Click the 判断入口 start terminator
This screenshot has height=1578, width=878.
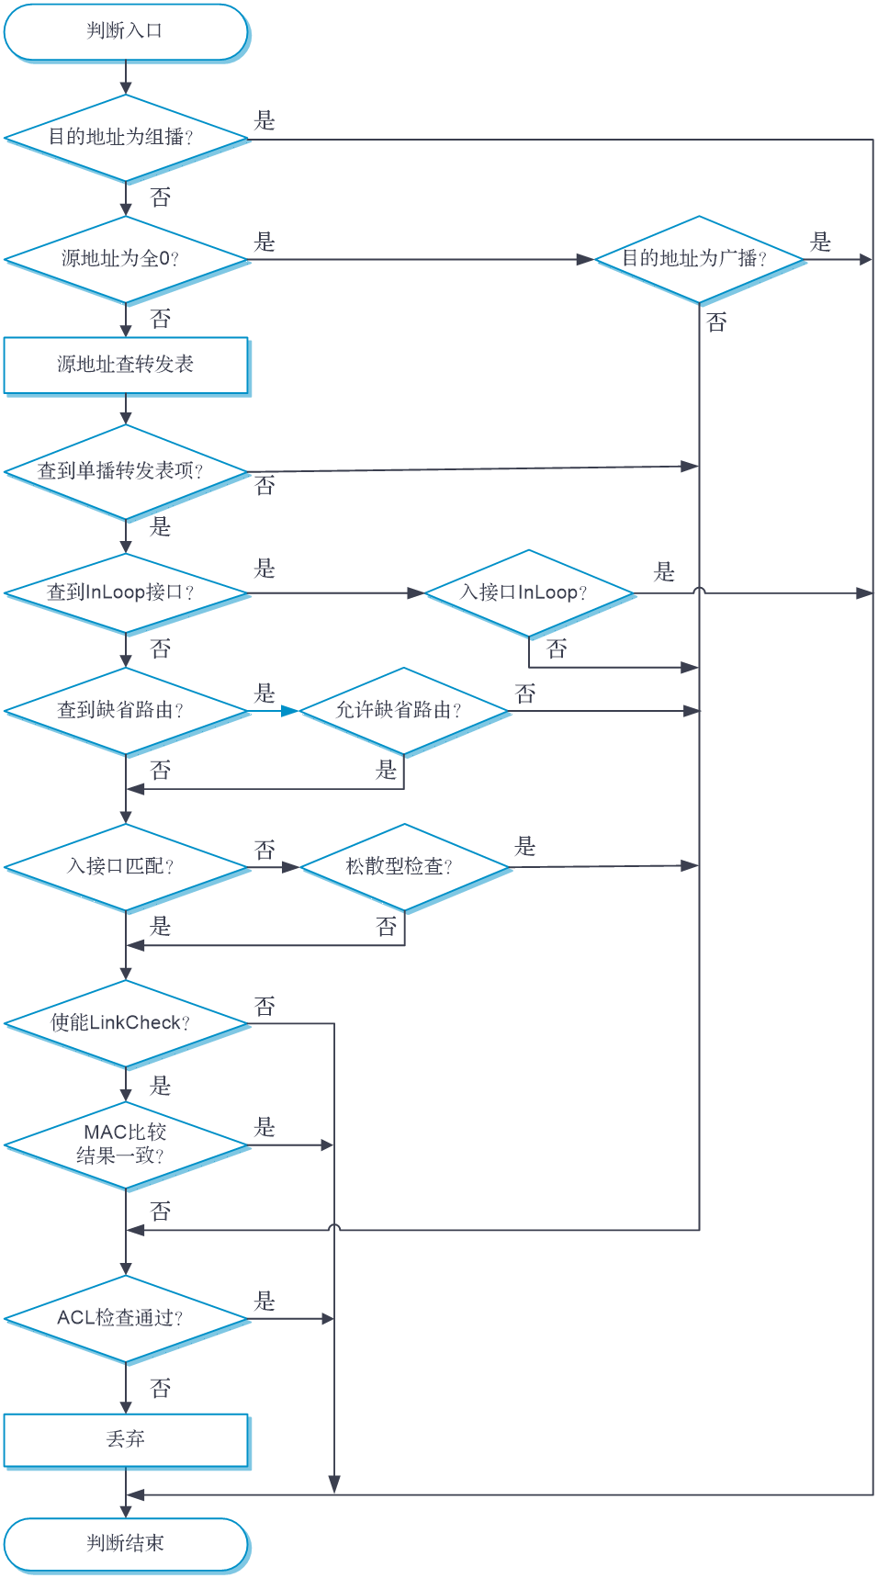click(x=126, y=32)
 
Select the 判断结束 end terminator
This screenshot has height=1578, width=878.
click(x=126, y=1544)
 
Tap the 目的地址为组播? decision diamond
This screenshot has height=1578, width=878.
click(x=126, y=138)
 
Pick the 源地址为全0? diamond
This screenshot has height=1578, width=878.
click(x=126, y=260)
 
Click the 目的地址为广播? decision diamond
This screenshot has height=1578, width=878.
click(x=699, y=260)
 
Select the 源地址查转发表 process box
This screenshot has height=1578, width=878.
click(x=126, y=366)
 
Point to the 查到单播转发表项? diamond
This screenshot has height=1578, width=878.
click(x=126, y=472)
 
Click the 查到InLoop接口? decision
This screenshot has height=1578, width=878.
click(x=126, y=593)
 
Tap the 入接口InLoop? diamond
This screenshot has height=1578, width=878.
click(x=529, y=593)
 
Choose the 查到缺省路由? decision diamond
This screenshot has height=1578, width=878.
click(x=126, y=711)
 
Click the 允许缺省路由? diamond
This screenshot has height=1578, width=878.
click(x=404, y=711)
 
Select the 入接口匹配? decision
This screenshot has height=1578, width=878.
click(x=126, y=867)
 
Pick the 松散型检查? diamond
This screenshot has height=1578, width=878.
click(x=405, y=867)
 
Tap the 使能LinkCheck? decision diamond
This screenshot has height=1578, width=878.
click(x=126, y=1023)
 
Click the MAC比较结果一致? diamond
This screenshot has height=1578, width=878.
click(x=126, y=1145)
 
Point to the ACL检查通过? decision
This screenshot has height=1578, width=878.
click(x=126, y=1319)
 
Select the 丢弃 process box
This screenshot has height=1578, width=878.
click(x=126, y=1440)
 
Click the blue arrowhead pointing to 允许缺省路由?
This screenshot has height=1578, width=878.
click(x=290, y=711)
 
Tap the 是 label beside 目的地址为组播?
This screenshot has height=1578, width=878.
click(x=265, y=120)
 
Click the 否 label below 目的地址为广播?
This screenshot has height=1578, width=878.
click(x=716, y=322)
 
